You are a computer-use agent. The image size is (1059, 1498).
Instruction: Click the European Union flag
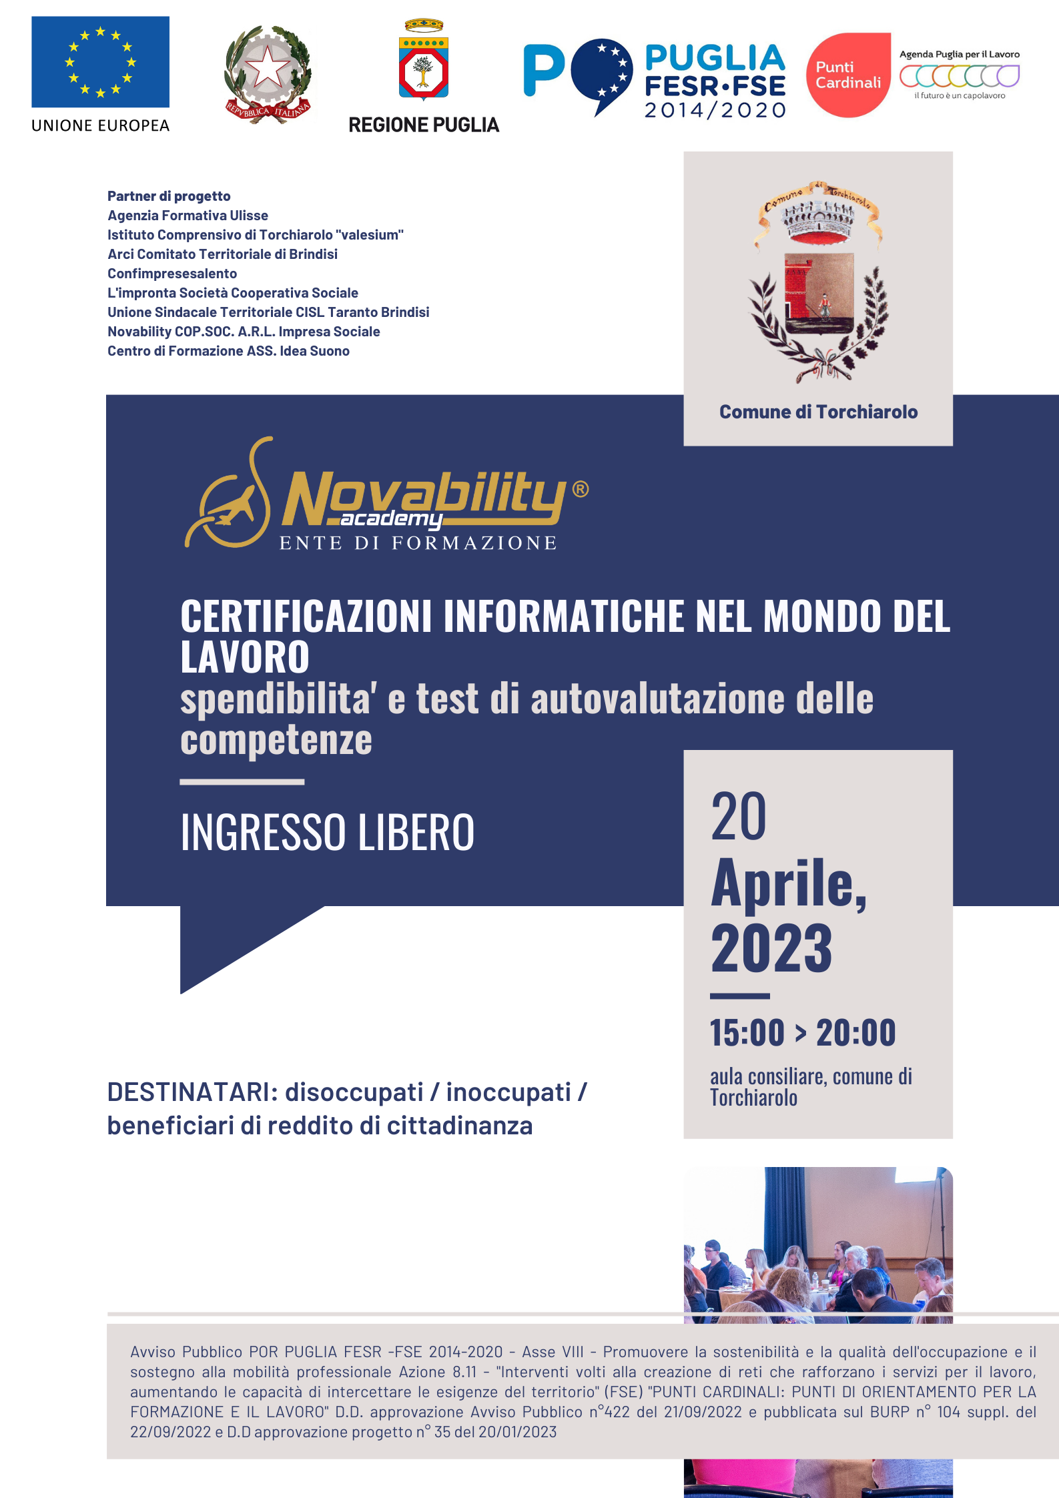pyautogui.click(x=100, y=62)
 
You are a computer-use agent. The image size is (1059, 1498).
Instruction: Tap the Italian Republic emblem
pyautogui.click(x=268, y=74)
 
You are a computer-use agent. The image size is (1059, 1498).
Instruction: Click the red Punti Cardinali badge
pyautogui.click(x=848, y=75)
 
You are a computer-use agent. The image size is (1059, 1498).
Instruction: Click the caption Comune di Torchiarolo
pyautogui.click(x=818, y=412)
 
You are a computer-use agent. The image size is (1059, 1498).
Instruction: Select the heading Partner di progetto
pyautogui.click(x=169, y=196)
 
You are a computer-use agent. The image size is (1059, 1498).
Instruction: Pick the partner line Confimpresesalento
pyautogui.click(x=172, y=274)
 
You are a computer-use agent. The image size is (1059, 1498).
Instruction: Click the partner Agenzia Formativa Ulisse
pyautogui.click(x=188, y=216)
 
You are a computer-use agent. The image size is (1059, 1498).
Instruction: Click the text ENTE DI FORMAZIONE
pyautogui.click(x=418, y=543)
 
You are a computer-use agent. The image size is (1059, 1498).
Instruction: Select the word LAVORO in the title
pyautogui.click(x=245, y=657)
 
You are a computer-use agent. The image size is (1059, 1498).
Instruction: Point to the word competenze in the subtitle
pyautogui.click(x=276, y=740)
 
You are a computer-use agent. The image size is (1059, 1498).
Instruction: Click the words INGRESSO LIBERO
pyautogui.click(x=327, y=833)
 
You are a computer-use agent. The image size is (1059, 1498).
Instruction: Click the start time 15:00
pyautogui.click(x=747, y=1033)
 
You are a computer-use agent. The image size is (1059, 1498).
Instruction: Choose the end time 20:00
pyautogui.click(x=856, y=1033)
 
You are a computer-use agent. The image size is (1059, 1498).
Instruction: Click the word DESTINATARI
pyautogui.click(x=192, y=1092)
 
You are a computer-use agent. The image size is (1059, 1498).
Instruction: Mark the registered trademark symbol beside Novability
pyautogui.click(x=581, y=489)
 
